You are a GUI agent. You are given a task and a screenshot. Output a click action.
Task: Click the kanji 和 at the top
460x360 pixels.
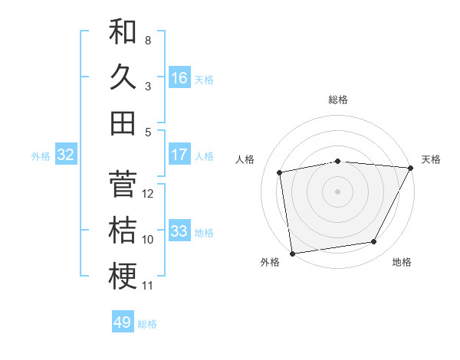point(123,31)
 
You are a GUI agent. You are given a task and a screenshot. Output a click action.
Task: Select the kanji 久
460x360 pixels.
point(123,77)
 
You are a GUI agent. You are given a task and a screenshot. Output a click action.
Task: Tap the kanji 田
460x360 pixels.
point(123,123)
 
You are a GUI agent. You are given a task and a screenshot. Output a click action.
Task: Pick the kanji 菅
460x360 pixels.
point(123,185)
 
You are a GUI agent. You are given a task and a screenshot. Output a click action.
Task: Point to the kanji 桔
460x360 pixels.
point(123,231)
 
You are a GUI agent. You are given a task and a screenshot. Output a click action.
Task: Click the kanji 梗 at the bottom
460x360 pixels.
point(123,277)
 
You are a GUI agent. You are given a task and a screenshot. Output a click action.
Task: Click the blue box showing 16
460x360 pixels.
point(179,78)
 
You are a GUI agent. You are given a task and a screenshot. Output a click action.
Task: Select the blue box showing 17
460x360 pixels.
point(179,155)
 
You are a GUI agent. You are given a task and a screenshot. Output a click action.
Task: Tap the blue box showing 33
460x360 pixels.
point(179,231)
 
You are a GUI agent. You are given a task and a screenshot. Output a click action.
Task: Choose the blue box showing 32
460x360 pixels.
point(66,155)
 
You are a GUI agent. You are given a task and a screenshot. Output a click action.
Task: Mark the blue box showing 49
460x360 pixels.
point(123,322)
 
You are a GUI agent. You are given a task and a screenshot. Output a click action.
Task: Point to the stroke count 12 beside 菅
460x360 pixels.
point(149,194)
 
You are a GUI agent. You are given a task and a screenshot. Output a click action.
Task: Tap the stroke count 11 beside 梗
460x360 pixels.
point(148,286)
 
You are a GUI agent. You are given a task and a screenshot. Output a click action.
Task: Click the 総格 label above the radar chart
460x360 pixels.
point(338,100)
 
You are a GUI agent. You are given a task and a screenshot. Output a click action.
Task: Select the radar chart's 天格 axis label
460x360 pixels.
point(431,159)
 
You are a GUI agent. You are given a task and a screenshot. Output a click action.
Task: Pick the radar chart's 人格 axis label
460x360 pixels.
point(245,159)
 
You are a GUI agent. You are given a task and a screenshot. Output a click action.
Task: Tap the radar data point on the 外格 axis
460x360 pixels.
point(292,253)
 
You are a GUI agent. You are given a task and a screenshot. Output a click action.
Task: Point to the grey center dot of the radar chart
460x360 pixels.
point(338,191)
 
